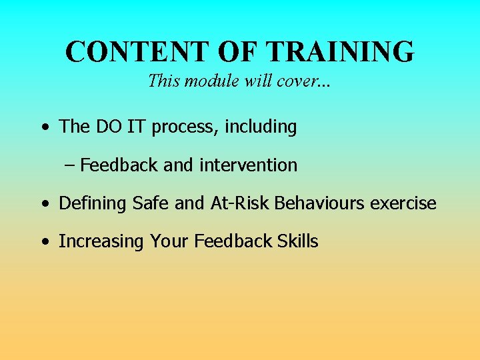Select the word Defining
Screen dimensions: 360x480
coord(93,203)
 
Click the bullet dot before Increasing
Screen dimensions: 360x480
coord(43,242)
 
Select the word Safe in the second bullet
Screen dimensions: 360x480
coord(151,203)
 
